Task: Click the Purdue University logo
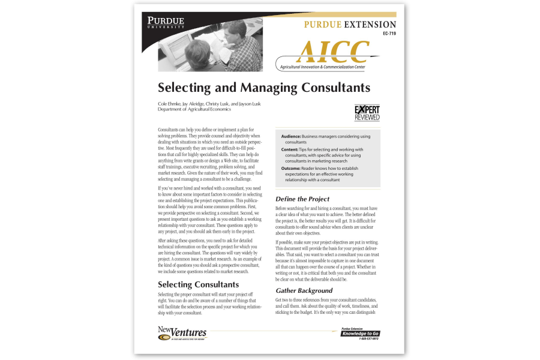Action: [x=166, y=23]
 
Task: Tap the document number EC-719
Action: [x=389, y=34]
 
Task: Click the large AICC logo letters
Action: [x=326, y=53]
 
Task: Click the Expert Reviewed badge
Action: [x=367, y=112]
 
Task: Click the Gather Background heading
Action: [x=304, y=290]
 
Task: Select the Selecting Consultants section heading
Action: [x=198, y=284]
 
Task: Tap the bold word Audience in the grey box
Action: [x=291, y=136]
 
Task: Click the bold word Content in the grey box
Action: [x=289, y=149]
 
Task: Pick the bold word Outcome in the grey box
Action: [x=291, y=169]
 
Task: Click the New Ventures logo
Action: [x=182, y=333]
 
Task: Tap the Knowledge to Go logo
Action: [x=360, y=333]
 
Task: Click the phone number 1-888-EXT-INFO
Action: [x=368, y=339]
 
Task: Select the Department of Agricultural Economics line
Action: [x=194, y=110]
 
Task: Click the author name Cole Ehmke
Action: [x=169, y=104]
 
